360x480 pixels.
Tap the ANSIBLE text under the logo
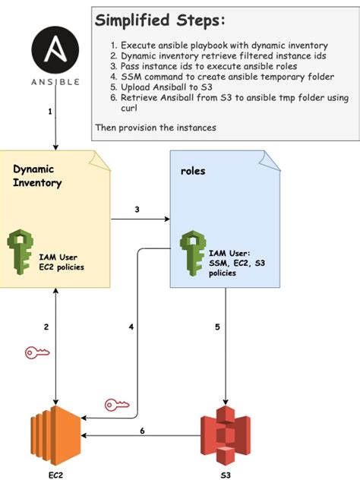[55, 82]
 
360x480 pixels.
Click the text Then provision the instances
[156, 128]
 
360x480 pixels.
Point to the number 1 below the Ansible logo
[50, 112]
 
